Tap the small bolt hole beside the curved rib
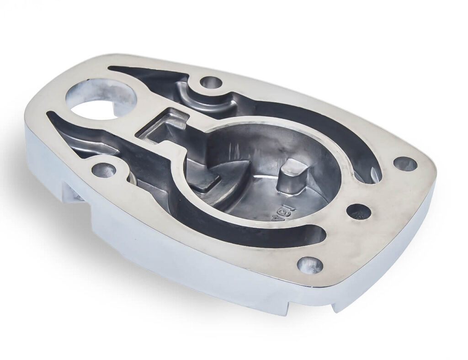tap(211, 83)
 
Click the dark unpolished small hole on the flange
tap(359, 212)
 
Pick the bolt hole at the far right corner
tap(405, 164)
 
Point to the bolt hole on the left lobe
tap(104, 170)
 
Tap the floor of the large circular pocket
tap(256, 192)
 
